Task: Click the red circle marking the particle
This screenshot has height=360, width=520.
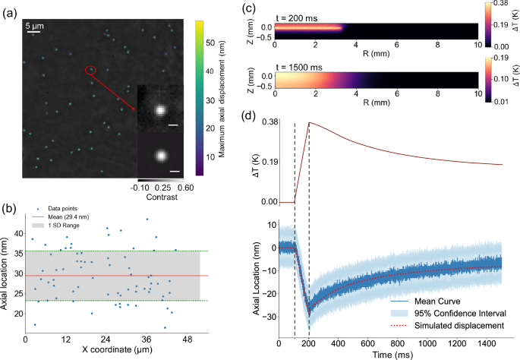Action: (90, 71)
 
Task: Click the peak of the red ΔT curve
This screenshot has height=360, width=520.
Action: (308, 122)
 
